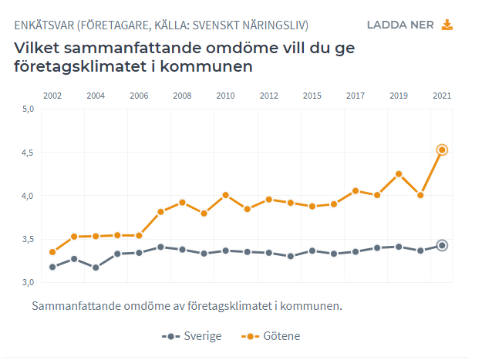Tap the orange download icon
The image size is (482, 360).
(447, 25)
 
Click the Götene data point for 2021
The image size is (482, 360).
(442, 150)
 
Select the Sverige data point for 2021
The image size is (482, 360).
(442, 245)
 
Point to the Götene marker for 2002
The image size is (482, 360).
(52, 252)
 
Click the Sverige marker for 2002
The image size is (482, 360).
(52, 267)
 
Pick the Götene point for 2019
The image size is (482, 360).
(399, 174)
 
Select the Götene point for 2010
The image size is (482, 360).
(225, 195)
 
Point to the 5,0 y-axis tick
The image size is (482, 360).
(28, 109)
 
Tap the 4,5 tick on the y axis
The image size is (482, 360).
(28, 153)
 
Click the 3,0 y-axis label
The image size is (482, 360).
(28, 283)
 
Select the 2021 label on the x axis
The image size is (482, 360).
(442, 96)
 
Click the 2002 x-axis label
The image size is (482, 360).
(52, 96)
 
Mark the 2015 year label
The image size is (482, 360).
(312, 96)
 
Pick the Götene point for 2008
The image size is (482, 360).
(182, 202)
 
